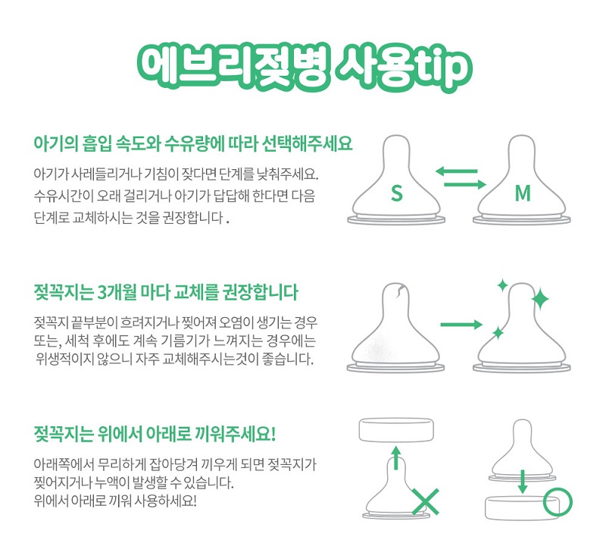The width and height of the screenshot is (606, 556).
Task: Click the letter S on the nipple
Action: [396, 193]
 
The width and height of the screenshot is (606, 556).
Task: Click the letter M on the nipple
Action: [523, 193]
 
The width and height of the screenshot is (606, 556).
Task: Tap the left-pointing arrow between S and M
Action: [457, 171]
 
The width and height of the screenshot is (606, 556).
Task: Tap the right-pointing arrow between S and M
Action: [465, 184]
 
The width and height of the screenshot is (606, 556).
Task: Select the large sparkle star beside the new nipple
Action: [540, 299]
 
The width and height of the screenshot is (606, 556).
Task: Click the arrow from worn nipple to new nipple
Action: [461, 324]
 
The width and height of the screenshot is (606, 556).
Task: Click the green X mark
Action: [426, 501]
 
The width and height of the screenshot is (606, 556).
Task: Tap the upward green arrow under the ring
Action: [395, 457]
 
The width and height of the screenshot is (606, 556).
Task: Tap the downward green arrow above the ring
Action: [522, 482]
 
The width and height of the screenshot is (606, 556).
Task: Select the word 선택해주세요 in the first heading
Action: [308, 143]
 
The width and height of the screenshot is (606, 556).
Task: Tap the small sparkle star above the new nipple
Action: [502, 285]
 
